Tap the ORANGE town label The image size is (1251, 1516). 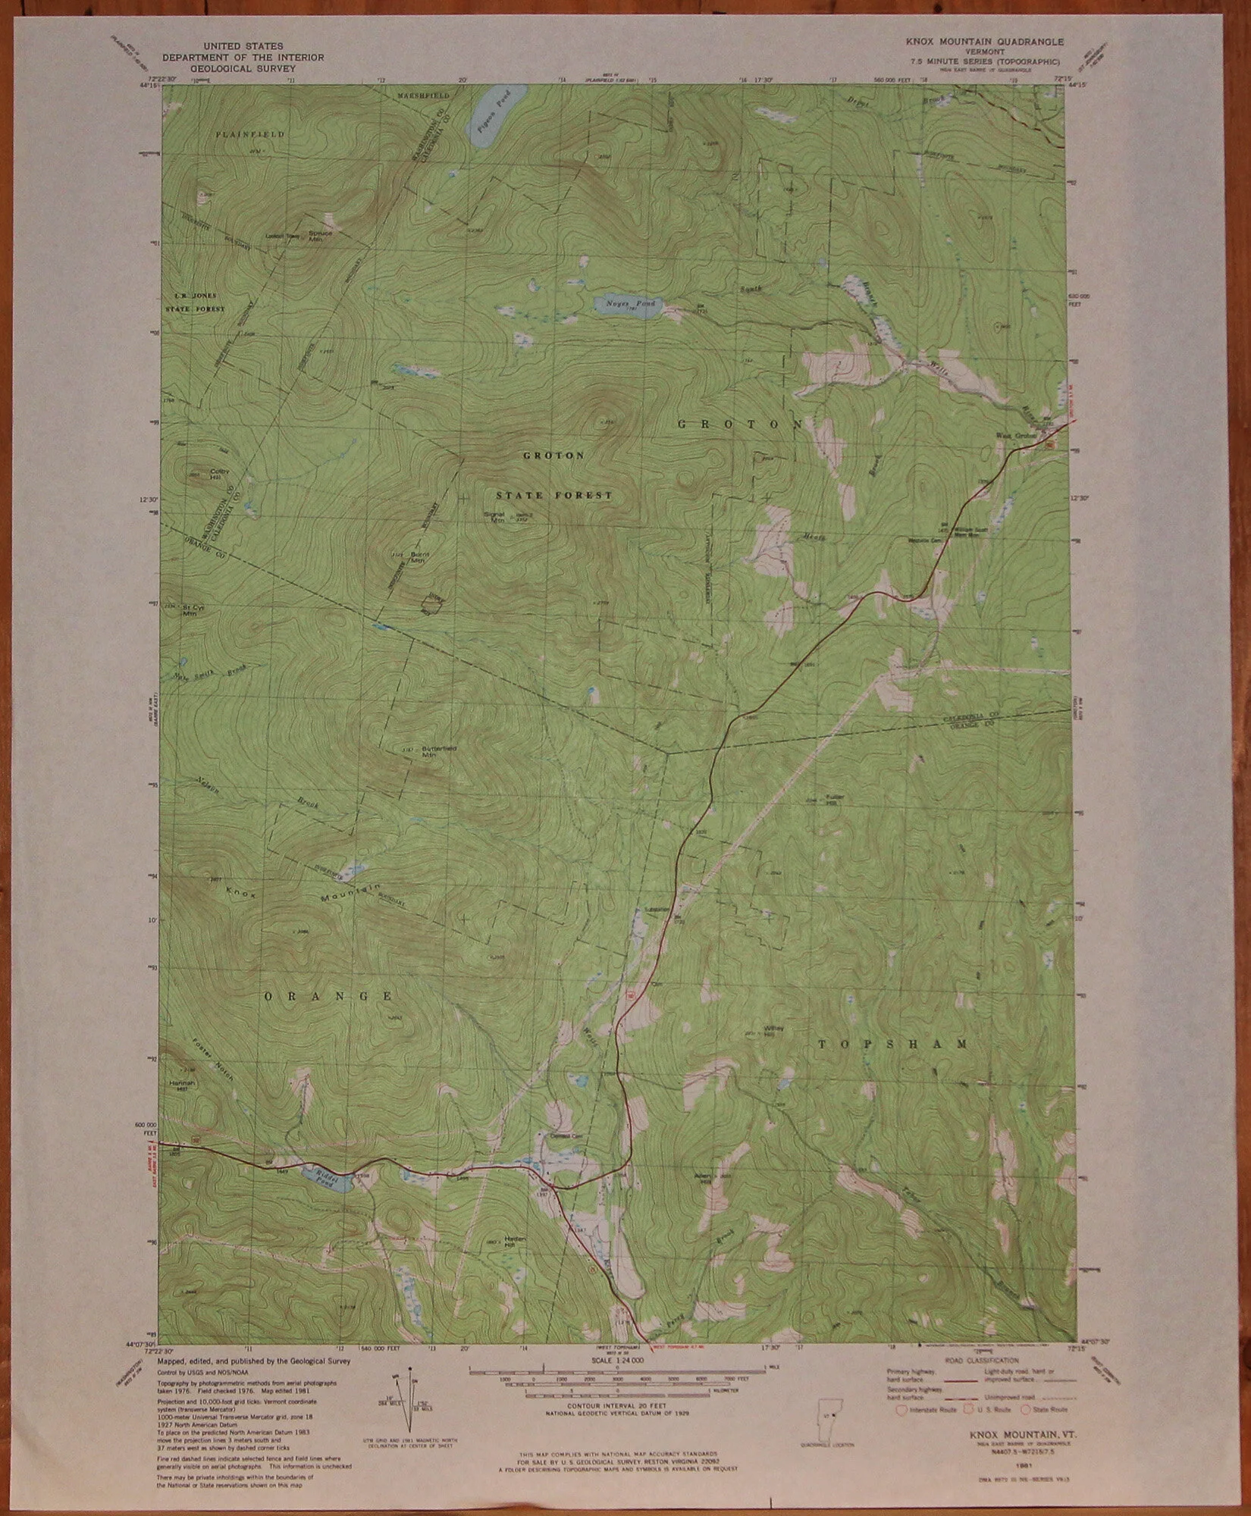[x=328, y=995]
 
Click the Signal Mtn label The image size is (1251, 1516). [x=494, y=516]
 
